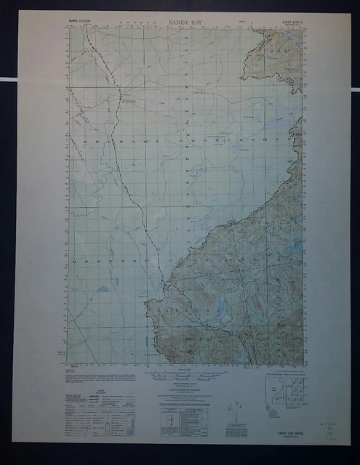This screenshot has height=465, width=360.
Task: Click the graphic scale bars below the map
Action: coord(186,377)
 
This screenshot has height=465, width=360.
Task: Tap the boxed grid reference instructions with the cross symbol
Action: coord(184,420)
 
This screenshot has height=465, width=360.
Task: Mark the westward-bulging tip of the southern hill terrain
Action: coord(149,304)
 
